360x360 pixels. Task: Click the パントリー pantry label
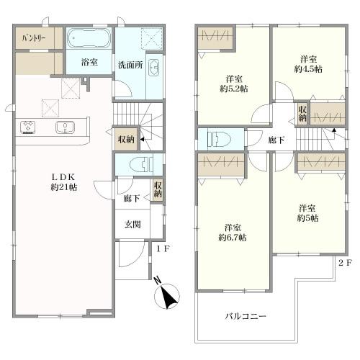(34, 38)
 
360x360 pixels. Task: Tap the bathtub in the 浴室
(89, 39)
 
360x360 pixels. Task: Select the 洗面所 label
(130, 65)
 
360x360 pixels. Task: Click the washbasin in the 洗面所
(153, 68)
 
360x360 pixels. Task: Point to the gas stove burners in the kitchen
(28, 127)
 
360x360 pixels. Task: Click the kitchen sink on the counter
(66, 127)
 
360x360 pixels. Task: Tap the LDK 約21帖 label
(63, 182)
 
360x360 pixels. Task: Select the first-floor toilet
(141, 165)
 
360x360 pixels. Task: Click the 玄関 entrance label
(132, 225)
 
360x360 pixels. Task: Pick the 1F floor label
(163, 249)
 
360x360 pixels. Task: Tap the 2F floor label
(345, 263)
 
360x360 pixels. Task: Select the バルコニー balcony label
(246, 316)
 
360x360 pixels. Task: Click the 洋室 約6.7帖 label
(233, 233)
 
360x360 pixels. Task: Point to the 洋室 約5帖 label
(307, 213)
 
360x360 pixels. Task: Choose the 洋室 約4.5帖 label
(308, 64)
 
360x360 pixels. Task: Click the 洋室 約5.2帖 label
(234, 84)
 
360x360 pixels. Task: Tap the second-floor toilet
(219, 139)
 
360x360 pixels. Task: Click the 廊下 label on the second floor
(276, 140)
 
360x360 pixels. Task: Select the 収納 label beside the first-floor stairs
(126, 140)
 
